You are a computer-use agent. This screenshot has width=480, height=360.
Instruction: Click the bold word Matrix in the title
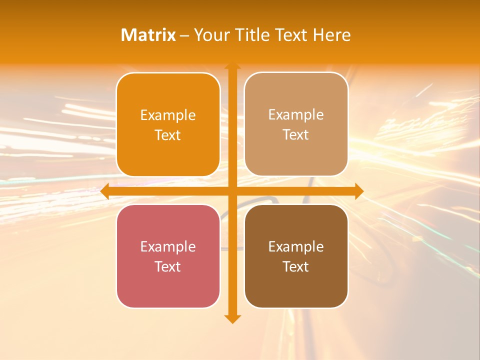pos(148,35)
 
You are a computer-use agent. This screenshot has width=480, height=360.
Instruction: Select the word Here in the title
pos(332,35)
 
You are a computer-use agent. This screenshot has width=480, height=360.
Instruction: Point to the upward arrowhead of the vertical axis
pos(232,65)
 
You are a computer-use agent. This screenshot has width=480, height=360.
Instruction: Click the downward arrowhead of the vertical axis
pos(232,318)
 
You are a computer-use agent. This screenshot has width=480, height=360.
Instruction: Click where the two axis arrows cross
pos(232,191)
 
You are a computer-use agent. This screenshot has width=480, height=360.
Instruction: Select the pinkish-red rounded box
pos(168,285)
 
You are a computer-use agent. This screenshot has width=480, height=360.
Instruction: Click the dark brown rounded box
pos(296,285)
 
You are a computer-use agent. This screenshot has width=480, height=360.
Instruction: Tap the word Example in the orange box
pos(168,115)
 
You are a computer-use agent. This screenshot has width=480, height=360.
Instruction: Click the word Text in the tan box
pos(296,135)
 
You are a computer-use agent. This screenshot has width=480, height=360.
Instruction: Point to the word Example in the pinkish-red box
pos(168,246)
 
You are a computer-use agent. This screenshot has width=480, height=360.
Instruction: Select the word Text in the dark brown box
pos(296,266)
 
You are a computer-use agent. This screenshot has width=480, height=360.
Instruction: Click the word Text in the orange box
pos(168,135)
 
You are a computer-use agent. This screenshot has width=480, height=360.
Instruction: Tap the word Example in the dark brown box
pos(296,246)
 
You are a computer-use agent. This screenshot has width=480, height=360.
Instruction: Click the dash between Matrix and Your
pos(184,35)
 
